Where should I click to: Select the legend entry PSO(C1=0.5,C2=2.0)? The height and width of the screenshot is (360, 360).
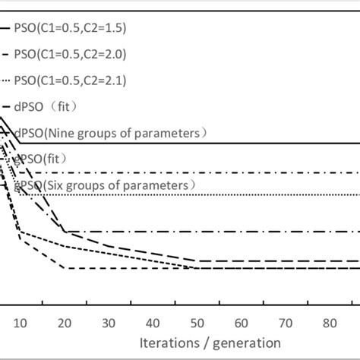click(x=69, y=54)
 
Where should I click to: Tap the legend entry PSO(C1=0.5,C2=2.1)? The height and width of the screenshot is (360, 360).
click(x=69, y=80)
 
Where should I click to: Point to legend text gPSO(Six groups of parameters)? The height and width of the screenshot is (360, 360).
click(x=99, y=185)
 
